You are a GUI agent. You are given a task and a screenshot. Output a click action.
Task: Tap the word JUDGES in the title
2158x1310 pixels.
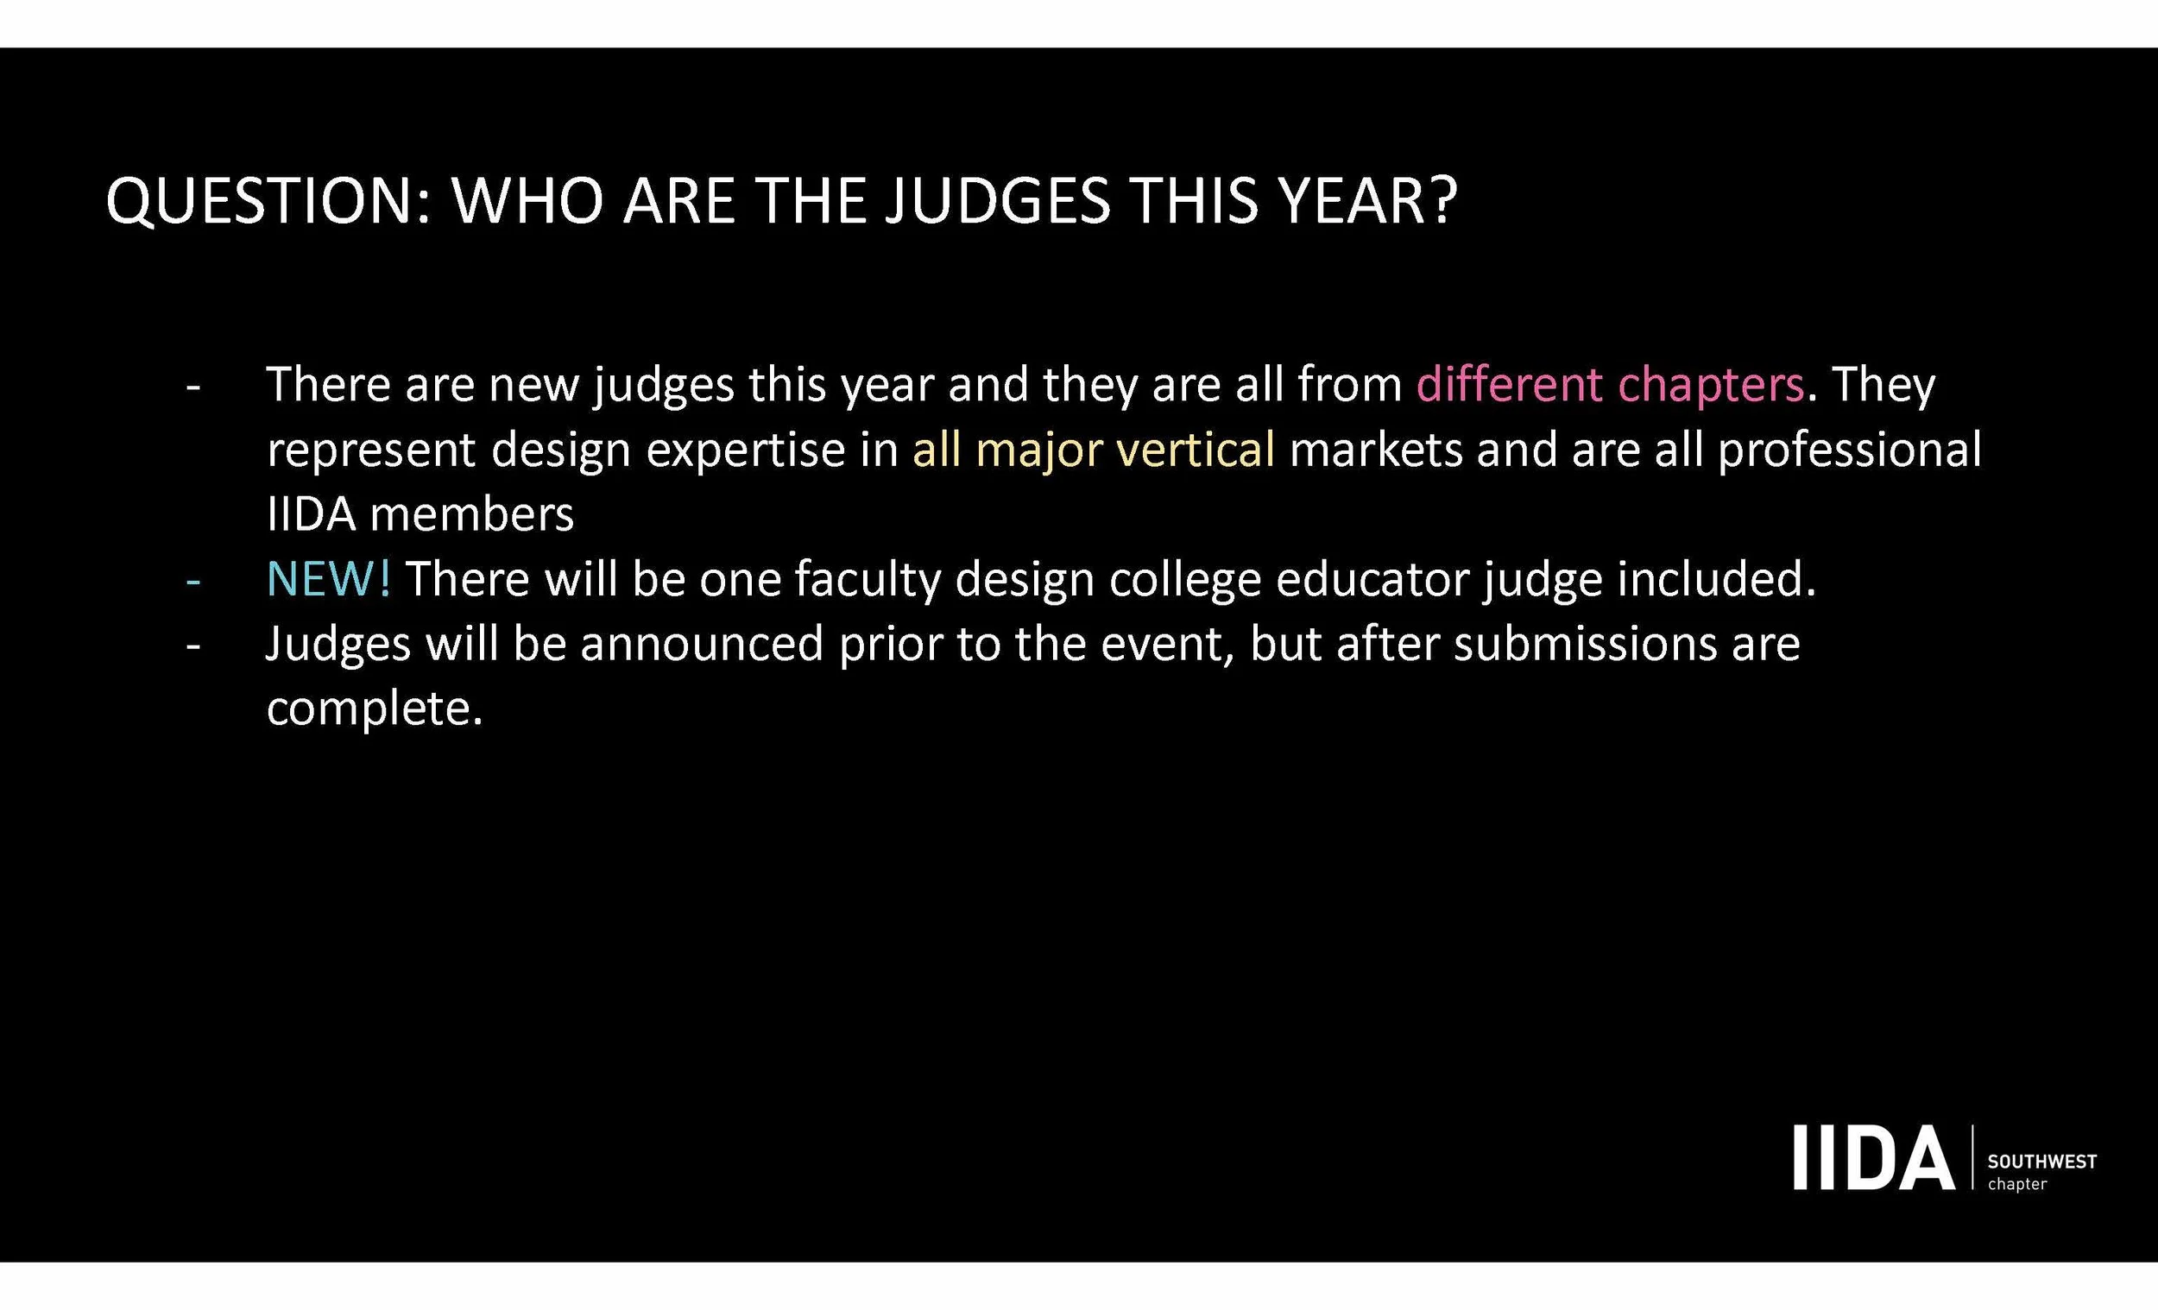point(998,201)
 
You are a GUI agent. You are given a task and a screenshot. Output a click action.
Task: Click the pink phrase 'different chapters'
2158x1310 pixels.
point(1610,385)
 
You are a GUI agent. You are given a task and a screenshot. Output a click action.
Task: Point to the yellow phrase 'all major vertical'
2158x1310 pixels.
point(1093,450)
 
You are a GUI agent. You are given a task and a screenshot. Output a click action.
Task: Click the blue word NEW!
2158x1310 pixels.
point(328,580)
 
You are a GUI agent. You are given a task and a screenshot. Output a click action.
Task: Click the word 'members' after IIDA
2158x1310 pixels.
point(472,515)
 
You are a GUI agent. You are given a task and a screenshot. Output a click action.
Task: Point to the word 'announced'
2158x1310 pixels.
point(702,645)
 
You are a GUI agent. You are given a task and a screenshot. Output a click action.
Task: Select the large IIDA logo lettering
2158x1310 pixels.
point(1873,1158)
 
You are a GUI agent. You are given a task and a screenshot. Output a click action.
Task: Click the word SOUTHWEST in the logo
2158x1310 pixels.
point(2042,1162)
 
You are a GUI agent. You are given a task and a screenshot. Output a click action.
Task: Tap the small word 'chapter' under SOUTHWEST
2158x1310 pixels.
point(2018,1185)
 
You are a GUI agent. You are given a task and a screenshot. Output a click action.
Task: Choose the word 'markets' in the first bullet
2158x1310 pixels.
point(1376,450)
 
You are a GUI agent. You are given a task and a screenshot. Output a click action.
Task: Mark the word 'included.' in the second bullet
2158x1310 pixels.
point(1717,580)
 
